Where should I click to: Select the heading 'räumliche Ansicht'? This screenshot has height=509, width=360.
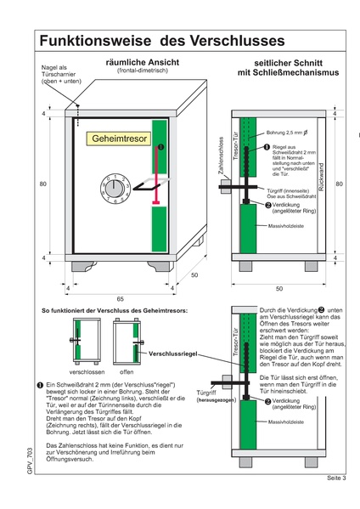[133, 63]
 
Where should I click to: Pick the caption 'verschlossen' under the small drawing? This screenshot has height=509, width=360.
[86, 371]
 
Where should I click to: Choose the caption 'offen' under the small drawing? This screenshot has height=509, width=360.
[126, 371]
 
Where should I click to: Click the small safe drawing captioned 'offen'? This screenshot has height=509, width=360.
[127, 342]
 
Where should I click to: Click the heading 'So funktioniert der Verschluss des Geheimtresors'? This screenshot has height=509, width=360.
[109, 312]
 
